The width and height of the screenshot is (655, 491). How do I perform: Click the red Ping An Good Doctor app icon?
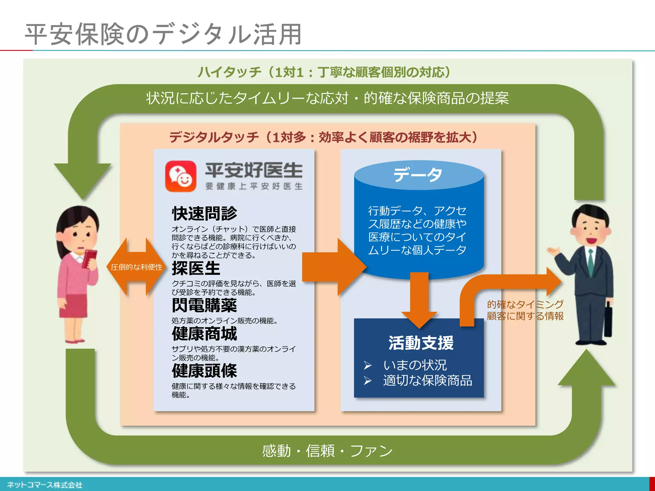coord(180,176)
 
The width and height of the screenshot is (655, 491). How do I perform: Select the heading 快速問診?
coord(204,213)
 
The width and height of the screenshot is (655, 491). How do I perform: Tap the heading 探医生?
coord(196,268)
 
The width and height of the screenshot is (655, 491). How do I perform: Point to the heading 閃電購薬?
coord(204,305)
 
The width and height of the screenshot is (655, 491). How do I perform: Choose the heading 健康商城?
coord(204,334)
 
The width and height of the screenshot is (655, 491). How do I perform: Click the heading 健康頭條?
coord(204,371)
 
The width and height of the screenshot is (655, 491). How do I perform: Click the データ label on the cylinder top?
coord(418,175)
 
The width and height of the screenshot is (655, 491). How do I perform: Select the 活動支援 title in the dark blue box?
coord(421,343)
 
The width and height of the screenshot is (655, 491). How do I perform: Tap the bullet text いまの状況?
coord(415,365)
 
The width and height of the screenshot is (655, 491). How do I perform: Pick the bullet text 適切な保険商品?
coord(428,380)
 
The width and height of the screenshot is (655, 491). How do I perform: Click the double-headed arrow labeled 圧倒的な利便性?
coord(136,267)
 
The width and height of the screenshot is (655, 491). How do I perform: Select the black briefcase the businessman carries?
coord(608,320)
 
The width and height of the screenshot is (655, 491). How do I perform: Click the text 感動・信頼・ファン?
coord(327,451)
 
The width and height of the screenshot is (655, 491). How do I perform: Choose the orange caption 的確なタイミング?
coord(525,304)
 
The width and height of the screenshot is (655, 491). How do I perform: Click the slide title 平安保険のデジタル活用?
coord(163,34)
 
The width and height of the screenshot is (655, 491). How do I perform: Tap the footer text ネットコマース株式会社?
coord(44,485)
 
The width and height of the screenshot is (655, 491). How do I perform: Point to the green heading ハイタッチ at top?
coord(230,72)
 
